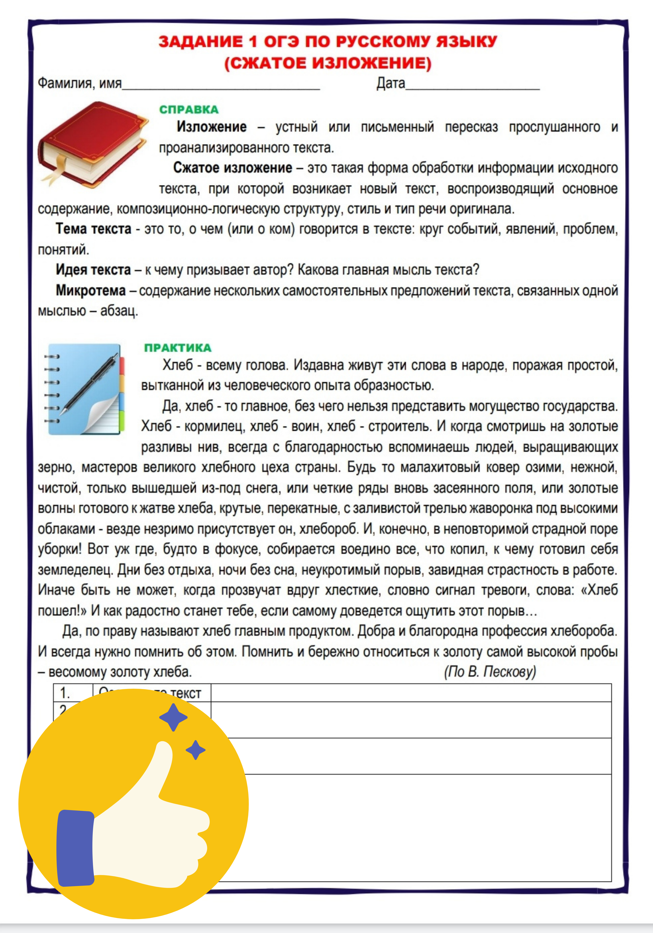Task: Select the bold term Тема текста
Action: [x=93, y=229]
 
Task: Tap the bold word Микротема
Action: [x=90, y=290]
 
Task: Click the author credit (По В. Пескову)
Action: [x=490, y=671]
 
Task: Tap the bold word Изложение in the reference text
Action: [x=212, y=127]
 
